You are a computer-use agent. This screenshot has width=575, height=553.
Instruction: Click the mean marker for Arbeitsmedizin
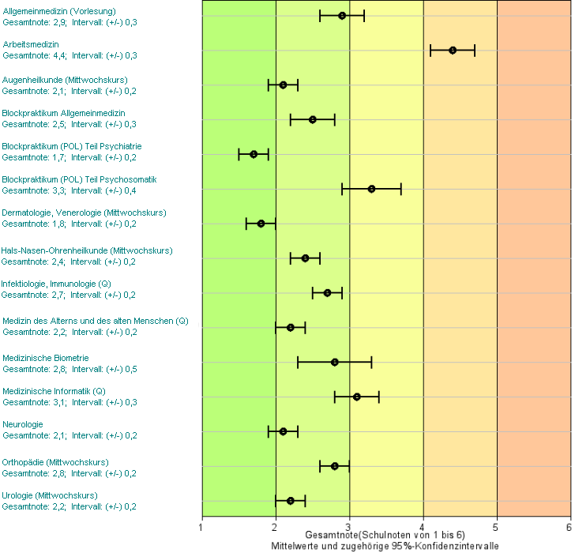(453, 50)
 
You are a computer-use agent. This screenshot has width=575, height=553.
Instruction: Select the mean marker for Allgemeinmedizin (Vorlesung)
(342, 16)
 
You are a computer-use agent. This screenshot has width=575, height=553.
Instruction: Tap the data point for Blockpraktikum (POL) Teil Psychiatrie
(254, 154)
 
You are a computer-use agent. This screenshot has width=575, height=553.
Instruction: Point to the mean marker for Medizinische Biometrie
(335, 362)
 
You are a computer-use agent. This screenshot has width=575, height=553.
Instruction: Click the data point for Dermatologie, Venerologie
(261, 224)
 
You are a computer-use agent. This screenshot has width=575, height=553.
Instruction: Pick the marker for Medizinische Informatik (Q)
(357, 397)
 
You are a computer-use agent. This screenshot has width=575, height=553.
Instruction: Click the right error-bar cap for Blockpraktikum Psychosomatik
(401, 189)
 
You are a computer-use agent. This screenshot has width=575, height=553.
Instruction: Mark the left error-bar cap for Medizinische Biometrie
(298, 362)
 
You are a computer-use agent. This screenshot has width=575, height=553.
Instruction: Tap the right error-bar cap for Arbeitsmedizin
(475, 50)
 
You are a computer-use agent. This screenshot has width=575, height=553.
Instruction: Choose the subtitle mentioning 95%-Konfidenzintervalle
(385, 546)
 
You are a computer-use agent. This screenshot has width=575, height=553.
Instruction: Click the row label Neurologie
(23, 424)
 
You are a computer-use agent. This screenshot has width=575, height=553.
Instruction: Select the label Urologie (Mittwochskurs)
(50, 495)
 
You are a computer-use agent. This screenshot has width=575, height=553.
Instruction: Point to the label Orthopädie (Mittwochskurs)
(55, 462)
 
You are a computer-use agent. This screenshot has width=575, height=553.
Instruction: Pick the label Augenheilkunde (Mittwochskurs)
(65, 80)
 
